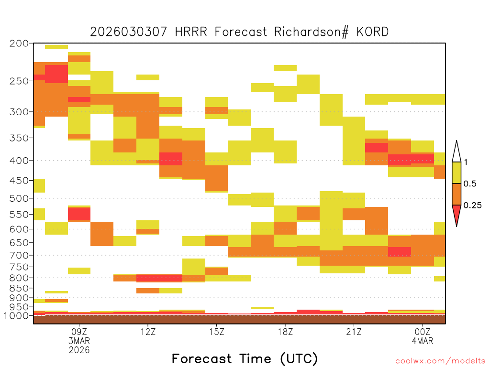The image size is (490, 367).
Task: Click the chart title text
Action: coord(239,32)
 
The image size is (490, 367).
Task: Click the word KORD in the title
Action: coord(372,32)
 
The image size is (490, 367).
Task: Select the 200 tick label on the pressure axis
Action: coord(19,43)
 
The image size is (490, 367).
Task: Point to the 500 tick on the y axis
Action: coord(19,198)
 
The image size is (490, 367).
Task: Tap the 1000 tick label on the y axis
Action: coord(16,315)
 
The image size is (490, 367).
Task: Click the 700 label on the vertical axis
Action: coord(19,255)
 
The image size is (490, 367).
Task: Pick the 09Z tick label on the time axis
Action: coord(79,332)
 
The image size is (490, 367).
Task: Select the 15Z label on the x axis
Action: coord(217,332)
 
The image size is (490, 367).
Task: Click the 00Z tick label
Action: coord(423,332)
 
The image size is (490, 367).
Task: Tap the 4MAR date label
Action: coord(423,341)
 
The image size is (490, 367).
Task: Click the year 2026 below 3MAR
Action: coord(79,350)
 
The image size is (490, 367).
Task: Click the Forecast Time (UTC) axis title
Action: coord(245,358)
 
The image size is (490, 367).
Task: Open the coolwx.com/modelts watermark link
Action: coord(440,361)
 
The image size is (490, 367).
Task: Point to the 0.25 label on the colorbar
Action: coord(472,205)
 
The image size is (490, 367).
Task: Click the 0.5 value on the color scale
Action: coord(470,183)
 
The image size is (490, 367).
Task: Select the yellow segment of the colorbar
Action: coord(457,173)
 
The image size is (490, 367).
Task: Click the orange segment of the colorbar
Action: coord(457,194)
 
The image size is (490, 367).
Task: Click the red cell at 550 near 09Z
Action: coord(79,214)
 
